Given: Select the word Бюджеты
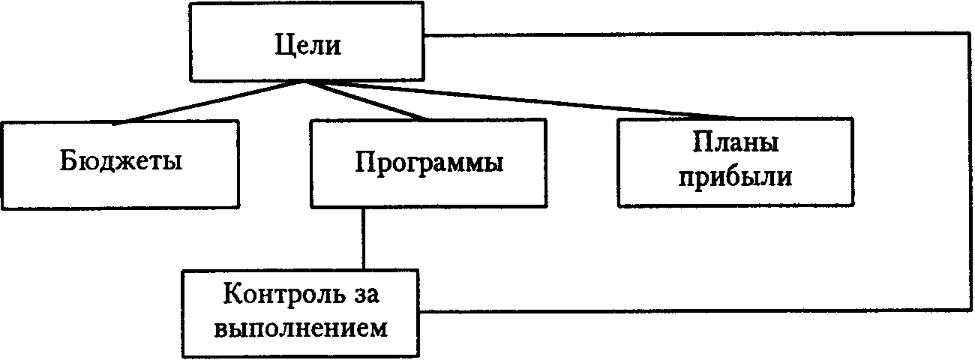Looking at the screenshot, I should point(120,161).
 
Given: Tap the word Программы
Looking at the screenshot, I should point(428,163).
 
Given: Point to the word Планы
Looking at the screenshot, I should point(735,142).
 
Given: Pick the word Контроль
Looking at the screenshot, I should point(274,294).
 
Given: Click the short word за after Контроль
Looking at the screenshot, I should point(363,294).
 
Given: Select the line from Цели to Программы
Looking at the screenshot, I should point(367,101).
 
